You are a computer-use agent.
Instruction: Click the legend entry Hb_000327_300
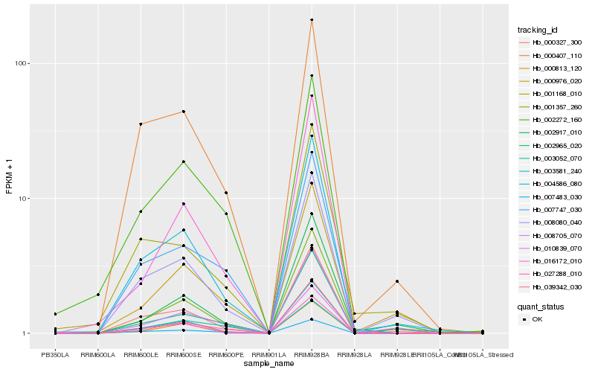point(551,42)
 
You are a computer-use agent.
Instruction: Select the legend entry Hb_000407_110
point(551,55)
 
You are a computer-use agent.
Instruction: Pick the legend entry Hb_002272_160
point(551,119)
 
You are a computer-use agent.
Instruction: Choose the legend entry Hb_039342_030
point(551,286)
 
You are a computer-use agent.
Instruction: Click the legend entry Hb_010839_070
point(551,248)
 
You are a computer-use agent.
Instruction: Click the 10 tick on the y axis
point(22,199)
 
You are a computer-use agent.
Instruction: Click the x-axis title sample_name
point(268,364)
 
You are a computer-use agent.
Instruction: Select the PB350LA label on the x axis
point(55,354)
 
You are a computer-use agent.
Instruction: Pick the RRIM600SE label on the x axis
point(183,354)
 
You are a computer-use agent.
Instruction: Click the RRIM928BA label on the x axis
point(312,354)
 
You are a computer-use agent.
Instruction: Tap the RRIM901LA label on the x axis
point(268,354)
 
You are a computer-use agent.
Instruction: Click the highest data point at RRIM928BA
point(312,20)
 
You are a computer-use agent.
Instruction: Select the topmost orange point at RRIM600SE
point(183,112)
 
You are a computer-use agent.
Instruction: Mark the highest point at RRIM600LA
point(97,295)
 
